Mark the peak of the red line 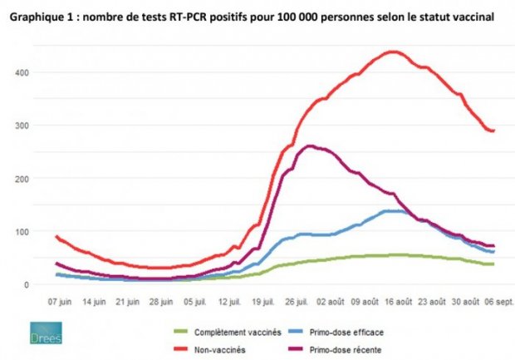[395, 52]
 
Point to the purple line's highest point [310, 146]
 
